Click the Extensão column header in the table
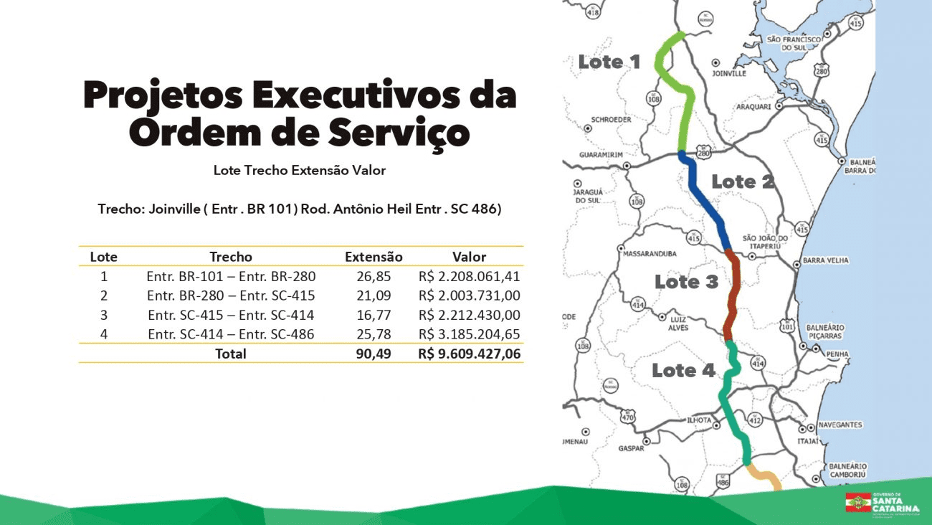click(374, 257)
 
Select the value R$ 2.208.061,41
click(470, 276)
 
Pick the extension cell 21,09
click(374, 295)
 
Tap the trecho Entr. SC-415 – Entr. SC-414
click(231, 315)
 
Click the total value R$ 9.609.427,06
click(470, 354)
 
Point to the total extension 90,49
click(374, 354)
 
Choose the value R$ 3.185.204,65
click(470, 334)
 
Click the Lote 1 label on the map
click(609, 62)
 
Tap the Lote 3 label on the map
click(686, 282)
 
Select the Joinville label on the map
click(729, 73)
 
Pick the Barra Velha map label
click(826, 260)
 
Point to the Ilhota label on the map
click(699, 420)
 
